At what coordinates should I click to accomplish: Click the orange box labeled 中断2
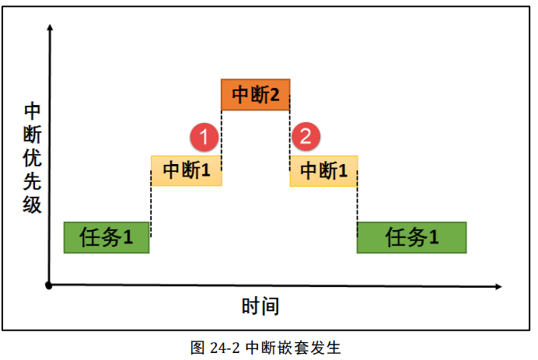(x=256, y=95)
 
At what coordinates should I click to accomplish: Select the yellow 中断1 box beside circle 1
(x=186, y=170)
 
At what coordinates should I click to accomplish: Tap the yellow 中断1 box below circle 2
(x=323, y=170)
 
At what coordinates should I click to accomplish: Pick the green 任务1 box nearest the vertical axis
(x=107, y=238)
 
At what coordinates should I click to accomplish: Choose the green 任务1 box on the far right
(x=411, y=238)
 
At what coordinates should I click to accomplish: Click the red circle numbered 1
(x=204, y=138)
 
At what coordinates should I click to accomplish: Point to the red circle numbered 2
(x=306, y=138)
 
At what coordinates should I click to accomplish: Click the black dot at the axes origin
(x=49, y=285)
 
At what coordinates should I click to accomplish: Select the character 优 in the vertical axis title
(x=32, y=157)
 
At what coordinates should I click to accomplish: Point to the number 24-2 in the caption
(x=224, y=347)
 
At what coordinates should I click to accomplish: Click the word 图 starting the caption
(x=197, y=347)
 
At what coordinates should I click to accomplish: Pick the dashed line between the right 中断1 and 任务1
(x=357, y=204)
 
